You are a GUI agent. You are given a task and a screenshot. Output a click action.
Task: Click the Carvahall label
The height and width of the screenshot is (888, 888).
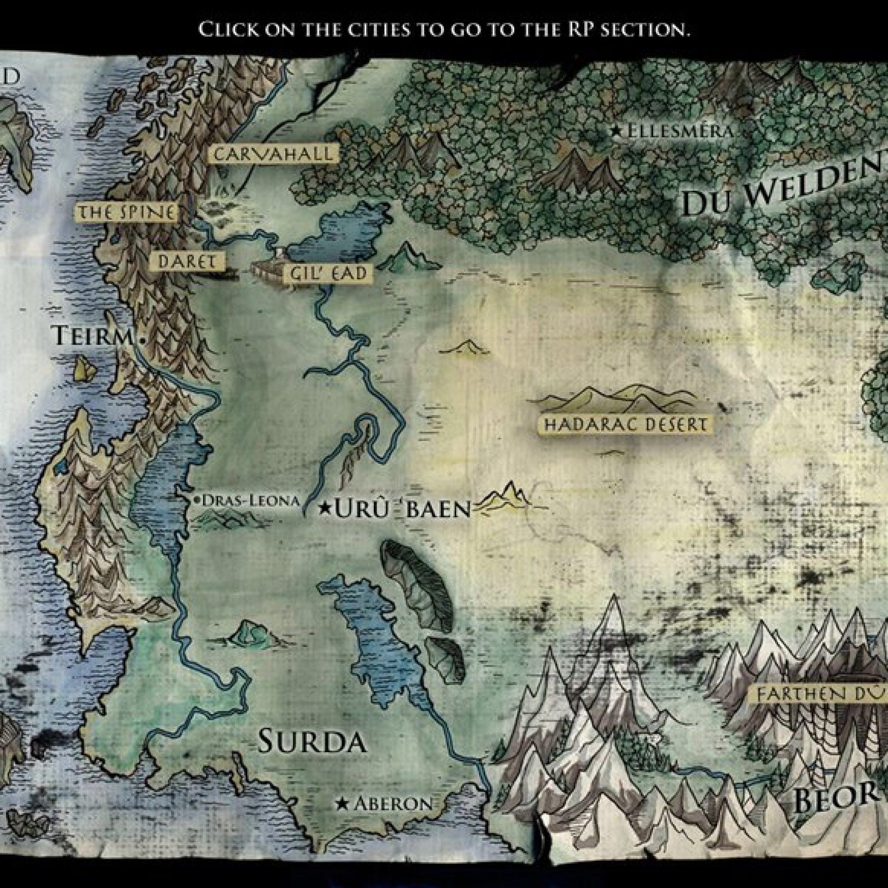273,154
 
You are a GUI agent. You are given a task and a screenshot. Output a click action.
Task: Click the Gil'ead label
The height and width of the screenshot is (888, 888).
329,274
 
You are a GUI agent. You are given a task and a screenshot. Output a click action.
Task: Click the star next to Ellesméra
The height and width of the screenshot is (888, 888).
616,131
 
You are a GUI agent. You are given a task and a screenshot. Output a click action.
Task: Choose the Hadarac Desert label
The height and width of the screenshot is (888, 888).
625,424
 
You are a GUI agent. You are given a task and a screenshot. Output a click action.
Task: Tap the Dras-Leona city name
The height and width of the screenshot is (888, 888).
251,500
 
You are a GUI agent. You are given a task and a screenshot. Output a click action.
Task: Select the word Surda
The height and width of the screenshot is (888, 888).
312,741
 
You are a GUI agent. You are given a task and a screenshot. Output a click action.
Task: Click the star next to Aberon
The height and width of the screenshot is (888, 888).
342,804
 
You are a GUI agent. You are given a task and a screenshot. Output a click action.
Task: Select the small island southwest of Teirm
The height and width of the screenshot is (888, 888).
85,368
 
